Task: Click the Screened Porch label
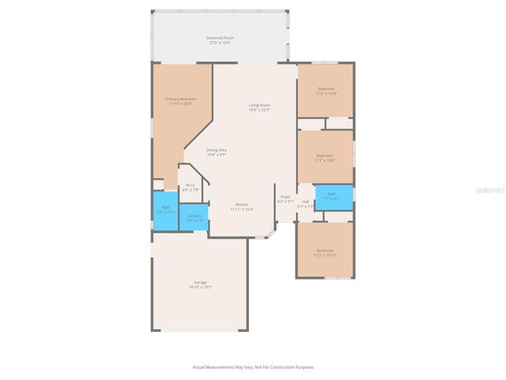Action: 220,37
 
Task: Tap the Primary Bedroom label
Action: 180,99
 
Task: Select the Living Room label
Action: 259,105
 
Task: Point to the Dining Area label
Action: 217,150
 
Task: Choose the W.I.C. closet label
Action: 191,185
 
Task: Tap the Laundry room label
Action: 194,215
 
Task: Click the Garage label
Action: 200,282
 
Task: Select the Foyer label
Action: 285,196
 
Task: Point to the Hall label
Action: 305,202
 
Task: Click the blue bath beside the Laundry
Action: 165,212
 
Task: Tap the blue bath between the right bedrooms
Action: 333,196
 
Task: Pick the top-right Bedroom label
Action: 325,89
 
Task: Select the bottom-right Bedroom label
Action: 325,250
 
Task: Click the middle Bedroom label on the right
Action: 325,156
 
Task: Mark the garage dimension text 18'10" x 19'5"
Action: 200,287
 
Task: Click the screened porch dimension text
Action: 220,42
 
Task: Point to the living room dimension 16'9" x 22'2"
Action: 259,110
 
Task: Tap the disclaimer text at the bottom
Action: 253,367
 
